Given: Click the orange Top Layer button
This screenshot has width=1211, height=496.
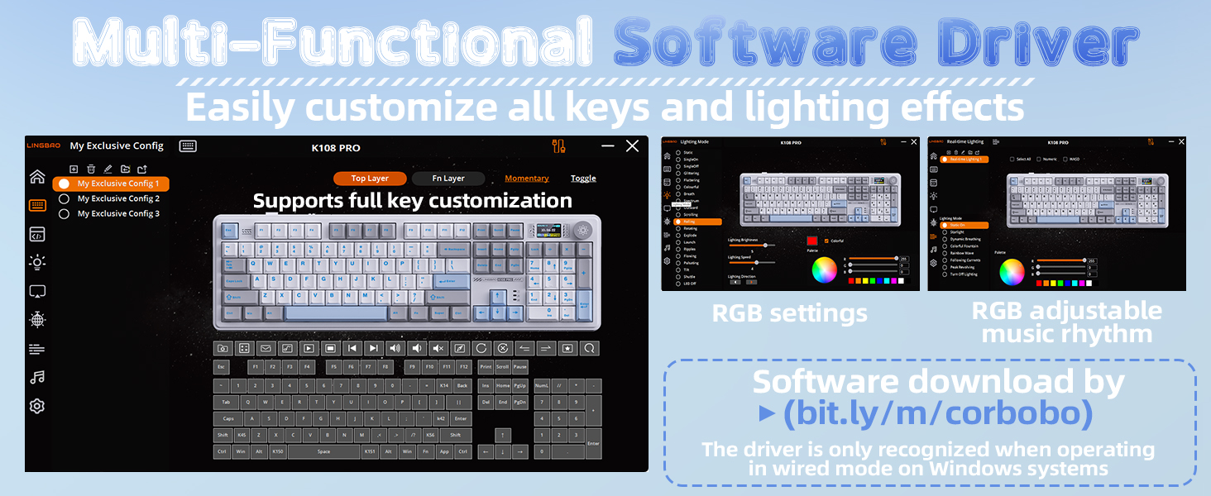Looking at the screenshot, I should click(370, 179).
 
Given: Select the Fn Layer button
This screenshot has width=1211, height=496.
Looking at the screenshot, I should click(449, 179).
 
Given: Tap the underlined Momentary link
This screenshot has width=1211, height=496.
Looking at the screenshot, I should click(527, 179).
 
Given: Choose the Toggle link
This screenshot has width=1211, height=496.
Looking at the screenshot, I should click(583, 179).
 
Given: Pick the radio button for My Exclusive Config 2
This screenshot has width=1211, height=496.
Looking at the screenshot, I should click(64, 199).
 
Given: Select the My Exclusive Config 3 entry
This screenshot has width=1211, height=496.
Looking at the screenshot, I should click(117, 214).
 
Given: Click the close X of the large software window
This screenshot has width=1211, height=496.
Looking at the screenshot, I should click(633, 146).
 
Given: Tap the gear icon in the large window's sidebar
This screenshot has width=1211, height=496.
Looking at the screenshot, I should click(37, 406).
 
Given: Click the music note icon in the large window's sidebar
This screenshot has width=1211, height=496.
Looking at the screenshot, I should click(37, 378).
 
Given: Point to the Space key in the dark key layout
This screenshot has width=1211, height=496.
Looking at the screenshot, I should click(323, 452).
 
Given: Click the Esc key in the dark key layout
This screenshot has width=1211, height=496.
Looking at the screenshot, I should click(222, 367).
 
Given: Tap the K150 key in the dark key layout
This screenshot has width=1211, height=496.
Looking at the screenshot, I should click(278, 452).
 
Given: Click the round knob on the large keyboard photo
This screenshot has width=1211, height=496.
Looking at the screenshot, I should click(583, 231).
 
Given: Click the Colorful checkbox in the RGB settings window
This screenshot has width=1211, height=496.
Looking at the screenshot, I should click(827, 241).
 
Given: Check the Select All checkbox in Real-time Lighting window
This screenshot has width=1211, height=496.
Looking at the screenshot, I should click(1012, 160).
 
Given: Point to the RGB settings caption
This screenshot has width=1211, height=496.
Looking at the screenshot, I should click(790, 313).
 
